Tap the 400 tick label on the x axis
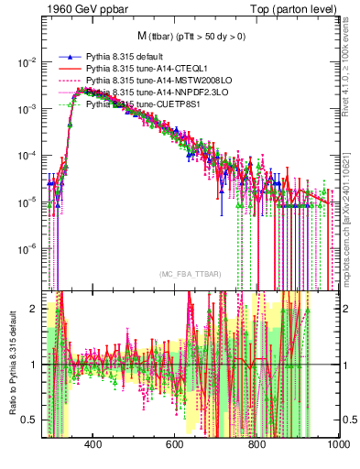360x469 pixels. (x=93, y=444)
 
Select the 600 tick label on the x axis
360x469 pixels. (x=174, y=444)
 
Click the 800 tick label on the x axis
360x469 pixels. (x=256, y=444)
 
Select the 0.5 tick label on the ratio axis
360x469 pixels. (x=30, y=420)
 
